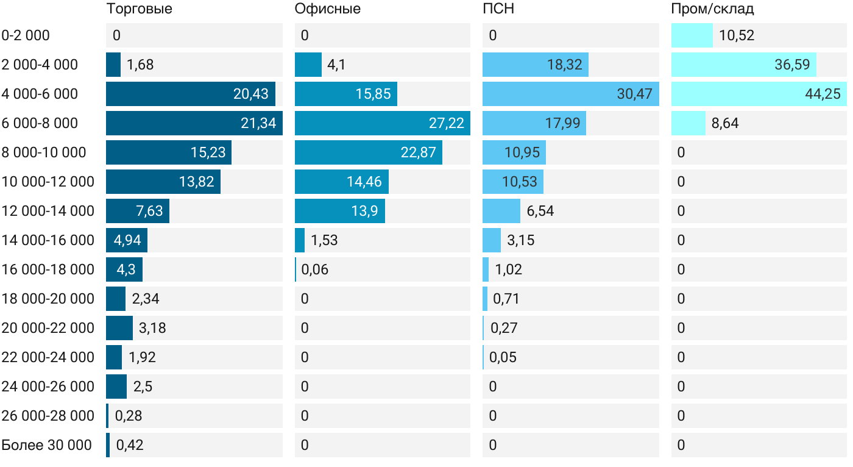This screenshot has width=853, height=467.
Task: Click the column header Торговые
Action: point(139,9)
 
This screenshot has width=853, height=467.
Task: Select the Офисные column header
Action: point(327,9)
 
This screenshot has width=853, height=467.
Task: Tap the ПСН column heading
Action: point(494,9)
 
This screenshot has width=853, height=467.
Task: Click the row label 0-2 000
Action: point(26,35)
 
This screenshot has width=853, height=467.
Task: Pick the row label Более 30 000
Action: point(47,445)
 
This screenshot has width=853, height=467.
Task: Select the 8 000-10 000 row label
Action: point(44,152)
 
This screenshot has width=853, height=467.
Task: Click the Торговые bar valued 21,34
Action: point(194,123)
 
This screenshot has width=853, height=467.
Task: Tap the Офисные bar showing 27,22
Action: point(382,123)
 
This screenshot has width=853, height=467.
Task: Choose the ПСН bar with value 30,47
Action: point(570,94)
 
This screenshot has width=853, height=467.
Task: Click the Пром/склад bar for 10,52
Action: point(692,35)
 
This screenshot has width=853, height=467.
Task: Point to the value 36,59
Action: point(792,65)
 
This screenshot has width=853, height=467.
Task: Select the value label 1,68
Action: point(140,65)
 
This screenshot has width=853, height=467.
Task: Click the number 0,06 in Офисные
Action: point(315,269)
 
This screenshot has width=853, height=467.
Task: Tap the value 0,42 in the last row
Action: point(130,445)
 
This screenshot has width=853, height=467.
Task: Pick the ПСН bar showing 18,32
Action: point(535,65)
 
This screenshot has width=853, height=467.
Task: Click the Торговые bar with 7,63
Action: point(137,211)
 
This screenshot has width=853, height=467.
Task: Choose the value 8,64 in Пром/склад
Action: point(725,123)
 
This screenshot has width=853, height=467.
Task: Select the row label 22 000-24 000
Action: point(48,357)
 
